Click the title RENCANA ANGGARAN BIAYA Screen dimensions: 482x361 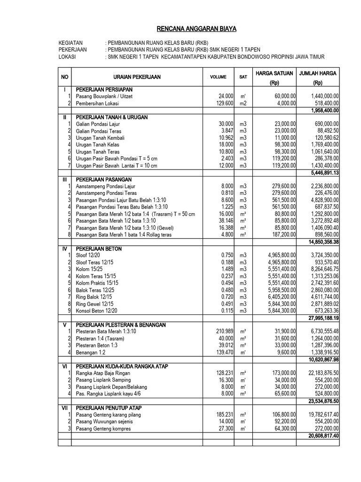[x=196, y=29]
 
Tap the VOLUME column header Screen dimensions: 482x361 [x=218, y=77]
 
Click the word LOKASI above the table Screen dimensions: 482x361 [x=67, y=57]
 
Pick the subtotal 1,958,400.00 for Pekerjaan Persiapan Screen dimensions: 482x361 [x=325, y=110]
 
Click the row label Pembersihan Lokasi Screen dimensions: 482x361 [x=98, y=103]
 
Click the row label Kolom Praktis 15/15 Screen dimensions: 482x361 [x=97, y=282]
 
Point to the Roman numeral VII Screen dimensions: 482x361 [x=64, y=408]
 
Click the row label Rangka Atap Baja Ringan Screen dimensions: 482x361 [x=103, y=373]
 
